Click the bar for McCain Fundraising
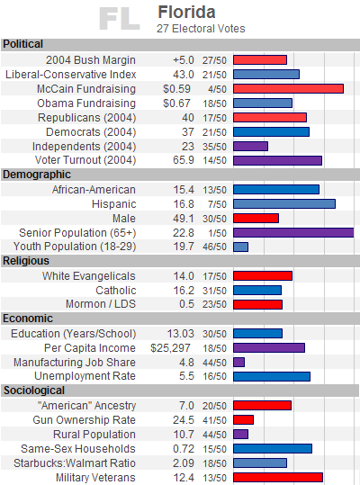pyautogui.click(x=288, y=89)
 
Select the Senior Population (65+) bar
pyautogui.click(x=293, y=232)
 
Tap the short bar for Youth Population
pyautogui.click(x=240, y=247)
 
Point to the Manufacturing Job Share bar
pyautogui.click(x=238, y=363)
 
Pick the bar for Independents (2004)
pyautogui.click(x=250, y=147)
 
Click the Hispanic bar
pyautogui.click(x=284, y=204)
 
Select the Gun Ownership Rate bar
pyautogui.click(x=243, y=419)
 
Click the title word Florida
pyautogui.click(x=186, y=13)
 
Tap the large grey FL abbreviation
pyautogui.click(x=120, y=19)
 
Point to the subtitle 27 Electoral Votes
pyautogui.click(x=201, y=29)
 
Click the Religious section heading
pyautogui.click(x=26, y=261)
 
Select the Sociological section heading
pyautogui.click(x=34, y=391)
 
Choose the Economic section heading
pyautogui.click(x=28, y=319)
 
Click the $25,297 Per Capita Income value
pyautogui.click(x=170, y=348)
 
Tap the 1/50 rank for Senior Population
pyautogui.click(x=217, y=233)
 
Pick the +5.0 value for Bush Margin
pyautogui.click(x=184, y=60)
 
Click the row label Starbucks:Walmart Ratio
pyautogui.click(x=75, y=463)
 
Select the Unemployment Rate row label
pyautogui.click(x=85, y=376)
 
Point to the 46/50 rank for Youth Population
pyautogui.click(x=214, y=247)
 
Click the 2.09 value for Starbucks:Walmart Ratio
pyautogui.click(x=184, y=463)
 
